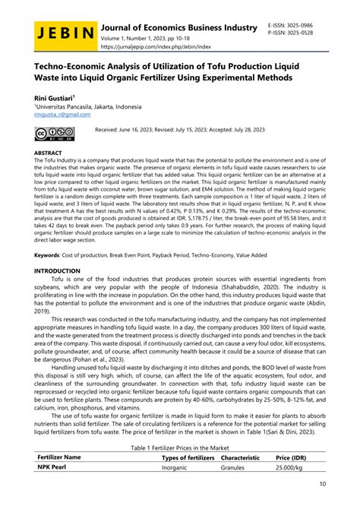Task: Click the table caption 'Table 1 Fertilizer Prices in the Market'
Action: click(179, 448)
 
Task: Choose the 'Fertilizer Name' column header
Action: click(59, 458)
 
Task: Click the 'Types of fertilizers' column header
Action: click(188, 458)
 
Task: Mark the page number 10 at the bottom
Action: click(322, 483)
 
